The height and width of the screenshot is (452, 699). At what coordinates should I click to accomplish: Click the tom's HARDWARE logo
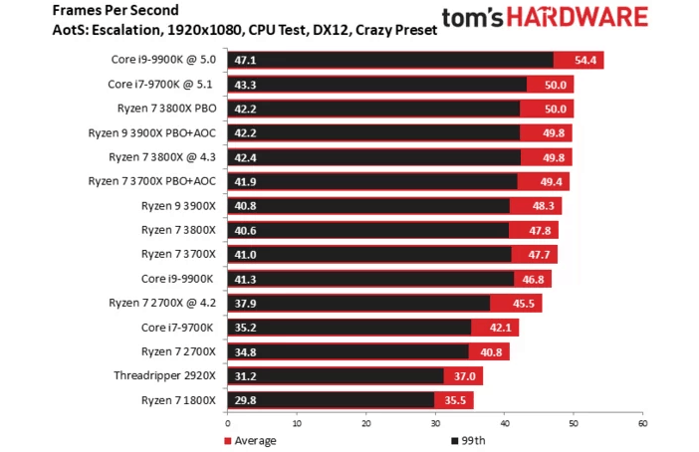point(558,18)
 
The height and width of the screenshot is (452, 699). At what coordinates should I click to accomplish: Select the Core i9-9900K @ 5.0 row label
point(164,61)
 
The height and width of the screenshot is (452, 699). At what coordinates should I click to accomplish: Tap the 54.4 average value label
point(586,61)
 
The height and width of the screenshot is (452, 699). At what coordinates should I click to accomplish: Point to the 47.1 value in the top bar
point(246,61)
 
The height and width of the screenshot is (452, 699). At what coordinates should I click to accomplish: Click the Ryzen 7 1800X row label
point(178,399)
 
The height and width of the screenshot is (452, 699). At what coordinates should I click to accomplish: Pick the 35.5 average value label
point(456,399)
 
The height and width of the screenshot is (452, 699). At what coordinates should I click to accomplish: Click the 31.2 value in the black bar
point(246,375)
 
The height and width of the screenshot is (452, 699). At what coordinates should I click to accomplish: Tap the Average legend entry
point(251,440)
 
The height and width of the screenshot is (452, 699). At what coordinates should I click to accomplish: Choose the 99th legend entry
point(470,440)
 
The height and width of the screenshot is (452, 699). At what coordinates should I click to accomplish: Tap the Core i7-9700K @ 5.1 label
point(161,85)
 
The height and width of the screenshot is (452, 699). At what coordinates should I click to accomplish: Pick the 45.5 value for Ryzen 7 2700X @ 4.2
point(526,303)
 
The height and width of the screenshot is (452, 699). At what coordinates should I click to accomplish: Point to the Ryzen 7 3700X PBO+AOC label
point(152,181)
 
